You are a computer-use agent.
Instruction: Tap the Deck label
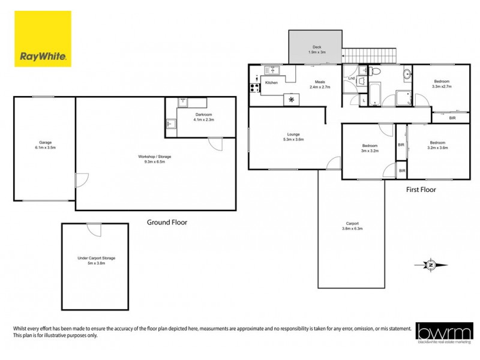(316, 47)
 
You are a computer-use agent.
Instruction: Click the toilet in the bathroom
(375, 71)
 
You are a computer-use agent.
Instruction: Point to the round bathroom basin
(407, 74)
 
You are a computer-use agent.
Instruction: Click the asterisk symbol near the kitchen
(292, 99)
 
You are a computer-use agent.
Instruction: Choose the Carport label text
(352, 223)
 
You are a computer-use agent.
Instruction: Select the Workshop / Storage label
(154, 157)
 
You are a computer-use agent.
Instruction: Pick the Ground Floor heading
(167, 222)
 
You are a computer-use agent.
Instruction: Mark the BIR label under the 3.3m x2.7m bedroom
(452, 118)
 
